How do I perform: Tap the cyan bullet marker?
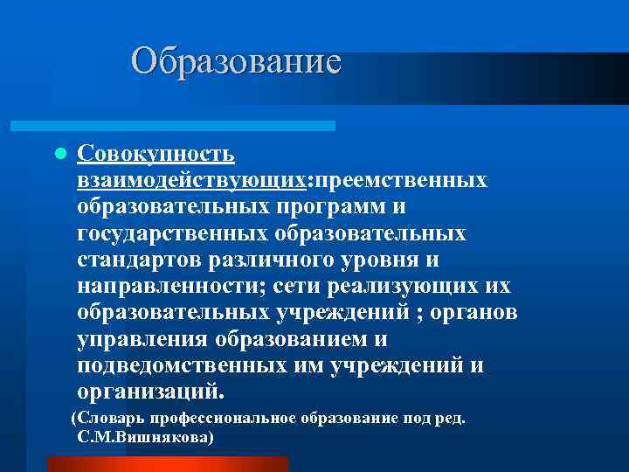click(59, 154)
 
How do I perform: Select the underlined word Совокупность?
click(156, 154)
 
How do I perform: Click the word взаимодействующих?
click(191, 181)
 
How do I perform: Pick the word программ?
click(334, 207)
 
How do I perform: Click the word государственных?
click(173, 234)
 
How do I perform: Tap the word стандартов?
click(140, 260)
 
